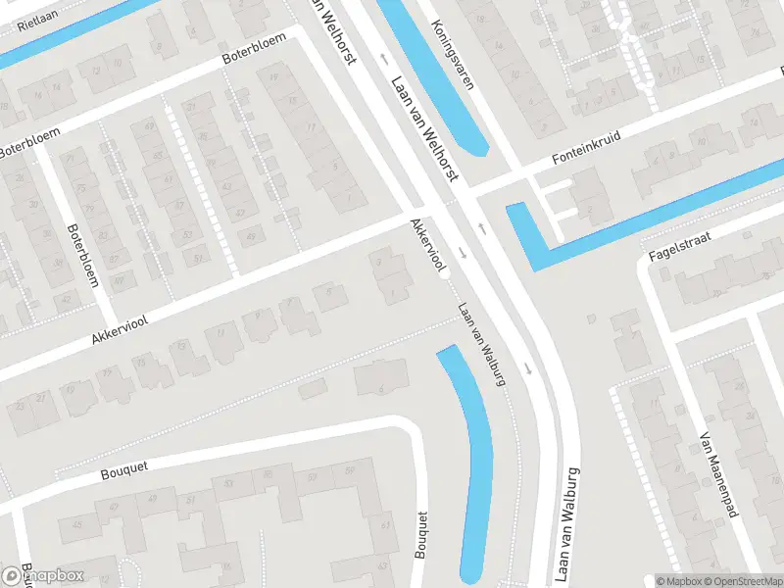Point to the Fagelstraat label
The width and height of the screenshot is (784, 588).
677,246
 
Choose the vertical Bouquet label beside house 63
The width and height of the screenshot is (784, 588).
422,534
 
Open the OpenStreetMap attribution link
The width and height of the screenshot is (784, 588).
741,581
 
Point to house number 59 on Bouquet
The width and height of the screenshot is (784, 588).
350,475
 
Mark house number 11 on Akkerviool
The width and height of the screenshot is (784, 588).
220,333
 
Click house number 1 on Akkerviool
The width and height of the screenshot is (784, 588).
393,292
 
